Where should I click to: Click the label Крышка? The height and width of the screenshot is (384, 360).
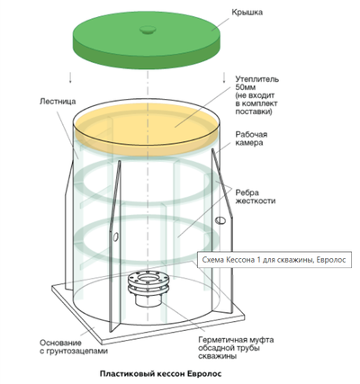tap(247, 13)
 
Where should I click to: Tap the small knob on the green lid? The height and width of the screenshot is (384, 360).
tap(148, 30)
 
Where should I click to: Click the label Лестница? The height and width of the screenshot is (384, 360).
tap(58, 102)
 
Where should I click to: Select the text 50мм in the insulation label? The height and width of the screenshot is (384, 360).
tap(246, 87)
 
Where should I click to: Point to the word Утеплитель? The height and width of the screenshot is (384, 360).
tap(257, 79)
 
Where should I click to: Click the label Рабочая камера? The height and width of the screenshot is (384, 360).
tap(251, 138)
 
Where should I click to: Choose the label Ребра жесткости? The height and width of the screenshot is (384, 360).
tap(256, 197)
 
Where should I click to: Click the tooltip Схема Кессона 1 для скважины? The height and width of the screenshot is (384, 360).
tap(274, 259)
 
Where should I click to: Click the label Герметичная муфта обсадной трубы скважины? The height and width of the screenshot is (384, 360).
tap(236, 348)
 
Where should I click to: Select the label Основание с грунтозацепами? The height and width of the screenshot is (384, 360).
tap(74, 347)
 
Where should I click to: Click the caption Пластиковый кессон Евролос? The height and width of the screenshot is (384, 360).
tap(160, 374)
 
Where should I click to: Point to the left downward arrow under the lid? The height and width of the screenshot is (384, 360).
tap(70, 77)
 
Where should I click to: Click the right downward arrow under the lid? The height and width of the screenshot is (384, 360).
tap(224, 77)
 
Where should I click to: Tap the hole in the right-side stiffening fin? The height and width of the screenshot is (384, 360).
tap(220, 220)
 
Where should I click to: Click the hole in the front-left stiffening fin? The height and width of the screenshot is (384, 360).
tap(114, 236)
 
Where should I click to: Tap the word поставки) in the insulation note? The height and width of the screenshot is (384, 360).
tap(254, 112)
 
